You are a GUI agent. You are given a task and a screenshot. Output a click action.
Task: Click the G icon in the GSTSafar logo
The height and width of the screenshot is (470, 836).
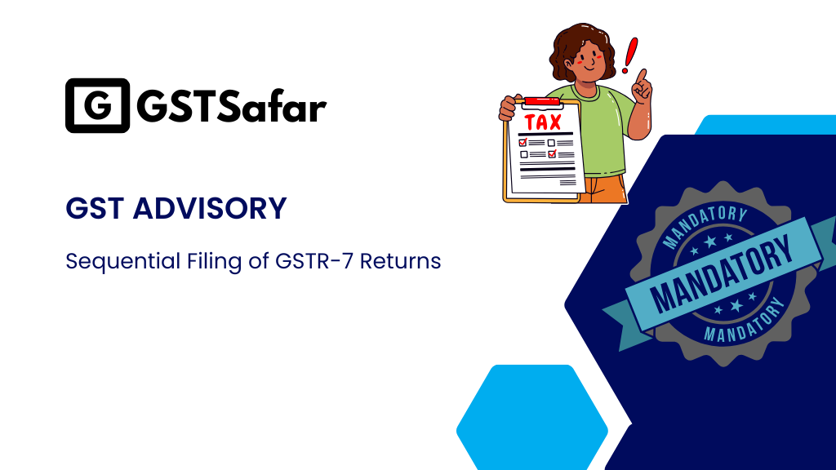[97, 106]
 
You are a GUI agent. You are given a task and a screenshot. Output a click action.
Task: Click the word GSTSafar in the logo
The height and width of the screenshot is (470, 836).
[232, 107]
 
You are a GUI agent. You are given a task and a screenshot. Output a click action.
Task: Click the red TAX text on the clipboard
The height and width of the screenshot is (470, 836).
[543, 123]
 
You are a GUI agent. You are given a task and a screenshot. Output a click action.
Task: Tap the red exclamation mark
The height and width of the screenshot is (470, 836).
[629, 55]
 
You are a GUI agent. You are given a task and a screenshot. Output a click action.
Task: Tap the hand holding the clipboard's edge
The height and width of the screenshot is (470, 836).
[508, 107]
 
